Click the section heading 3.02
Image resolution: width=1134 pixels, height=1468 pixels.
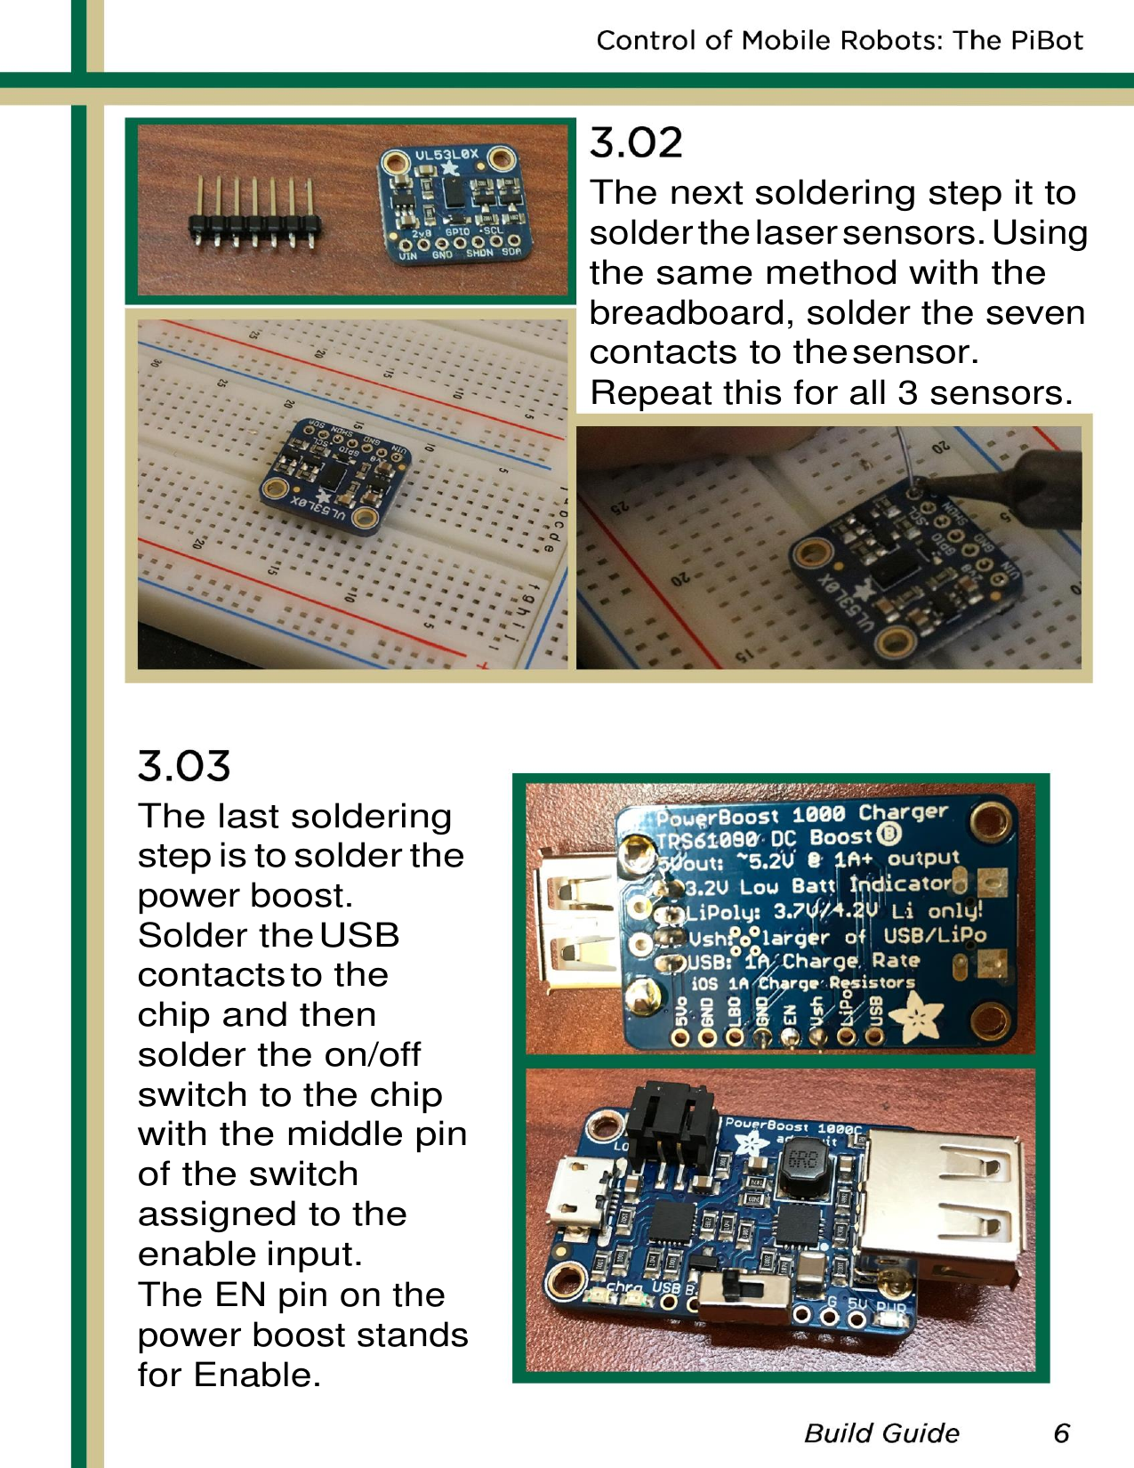pyautogui.click(x=636, y=143)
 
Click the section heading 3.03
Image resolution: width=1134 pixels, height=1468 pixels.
pyautogui.click(x=184, y=766)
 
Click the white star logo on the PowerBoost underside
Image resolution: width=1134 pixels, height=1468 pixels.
pyautogui.click(x=916, y=1015)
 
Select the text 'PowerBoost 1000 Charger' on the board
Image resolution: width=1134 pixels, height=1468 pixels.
pyautogui.click(x=801, y=814)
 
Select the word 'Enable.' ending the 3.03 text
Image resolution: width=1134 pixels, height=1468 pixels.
pyautogui.click(x=257, y=1375)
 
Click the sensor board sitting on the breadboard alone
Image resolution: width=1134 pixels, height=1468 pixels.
pyautogui.click(x=335, y=476)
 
